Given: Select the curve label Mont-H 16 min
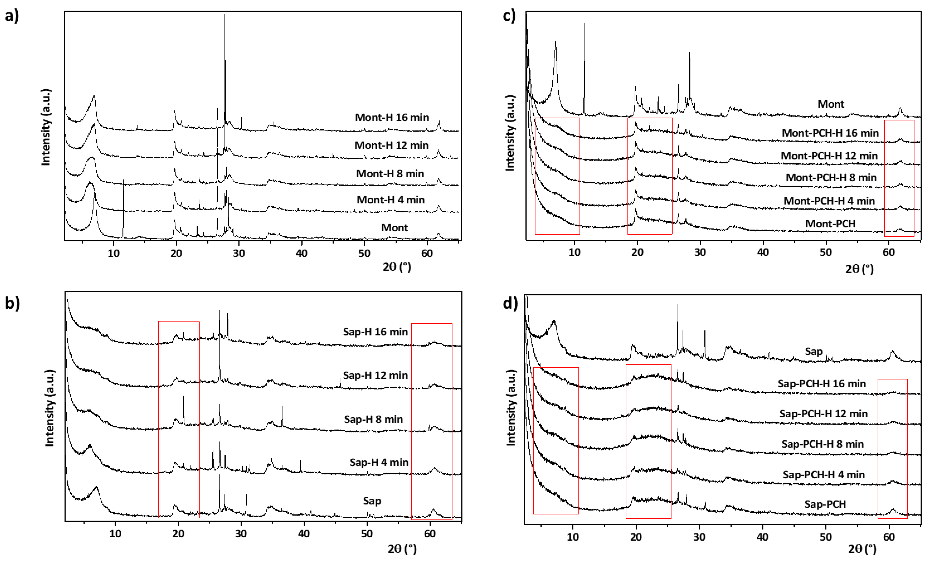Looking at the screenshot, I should [392, 118].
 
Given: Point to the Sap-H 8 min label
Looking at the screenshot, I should [373, 419].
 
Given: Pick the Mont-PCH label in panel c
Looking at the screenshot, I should [830, 224].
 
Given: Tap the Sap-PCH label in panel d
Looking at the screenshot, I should [825, 504].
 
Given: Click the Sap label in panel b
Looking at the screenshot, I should [372, 501].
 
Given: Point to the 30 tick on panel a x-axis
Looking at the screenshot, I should [239, 253].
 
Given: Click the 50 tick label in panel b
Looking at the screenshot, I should [367, 534].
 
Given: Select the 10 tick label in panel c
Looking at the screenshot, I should [574, 252].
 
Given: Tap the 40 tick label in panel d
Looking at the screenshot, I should [762, 537].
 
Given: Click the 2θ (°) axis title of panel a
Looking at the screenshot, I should [397, 267].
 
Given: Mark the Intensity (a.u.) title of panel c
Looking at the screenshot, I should [510, 133].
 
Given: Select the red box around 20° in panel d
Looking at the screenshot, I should [648, 441].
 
